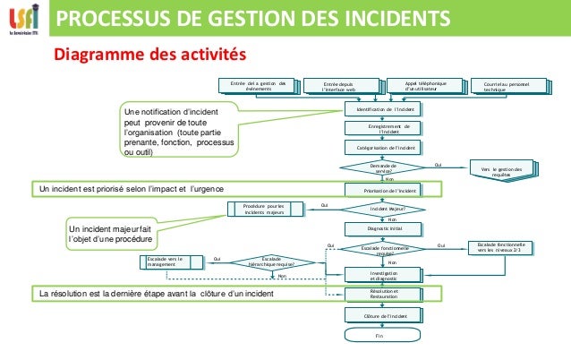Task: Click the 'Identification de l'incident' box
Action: (x=383, y=108)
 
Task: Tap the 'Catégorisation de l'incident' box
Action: (x=383, y=147)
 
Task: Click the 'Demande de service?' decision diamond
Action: (x=383, y=167)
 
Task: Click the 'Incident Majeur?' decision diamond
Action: (x=383, y=209)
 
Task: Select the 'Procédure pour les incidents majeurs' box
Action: (x=262, y=210)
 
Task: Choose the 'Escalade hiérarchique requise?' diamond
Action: (x=272, y=261)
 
